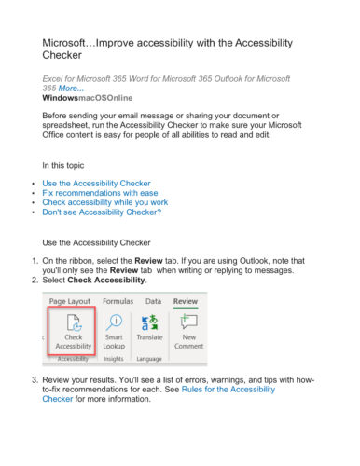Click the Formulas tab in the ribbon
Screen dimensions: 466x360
[118, 302]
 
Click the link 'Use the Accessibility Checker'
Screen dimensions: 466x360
[96, 185]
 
